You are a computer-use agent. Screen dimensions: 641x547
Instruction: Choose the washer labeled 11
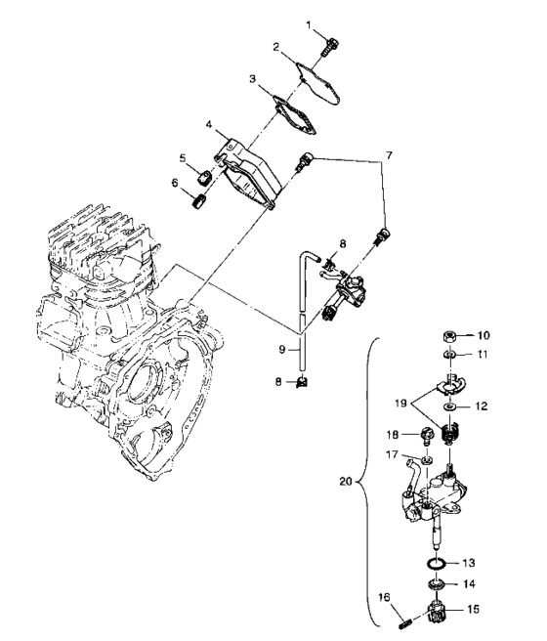[451, 356]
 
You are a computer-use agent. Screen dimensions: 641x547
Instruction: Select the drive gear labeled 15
[437, 614]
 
